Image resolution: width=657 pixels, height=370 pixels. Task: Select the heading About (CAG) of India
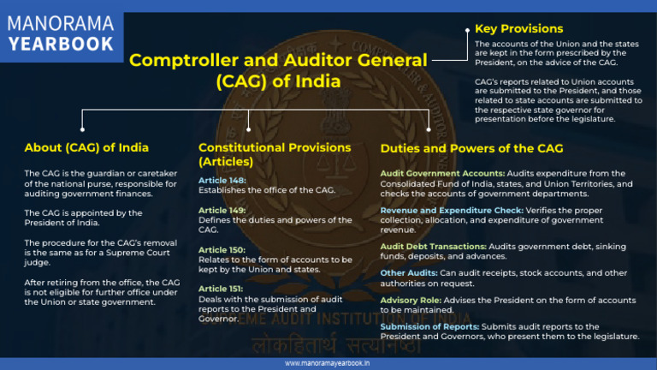86,147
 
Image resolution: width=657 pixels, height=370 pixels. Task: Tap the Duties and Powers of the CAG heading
471,148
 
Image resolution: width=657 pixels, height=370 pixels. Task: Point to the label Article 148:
222,181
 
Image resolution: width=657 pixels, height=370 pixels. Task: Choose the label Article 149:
222,210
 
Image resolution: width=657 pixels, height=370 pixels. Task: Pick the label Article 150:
222,249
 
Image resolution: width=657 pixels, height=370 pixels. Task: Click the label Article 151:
222,289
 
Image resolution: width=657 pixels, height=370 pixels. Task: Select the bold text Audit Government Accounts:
442,173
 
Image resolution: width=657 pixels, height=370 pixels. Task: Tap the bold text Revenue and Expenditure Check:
453,210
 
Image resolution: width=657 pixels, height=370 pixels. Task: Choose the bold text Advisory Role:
411,301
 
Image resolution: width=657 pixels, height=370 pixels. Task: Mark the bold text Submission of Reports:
429,326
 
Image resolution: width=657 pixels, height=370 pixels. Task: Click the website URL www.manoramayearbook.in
328,363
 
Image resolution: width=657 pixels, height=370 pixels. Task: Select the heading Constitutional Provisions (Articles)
274,154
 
